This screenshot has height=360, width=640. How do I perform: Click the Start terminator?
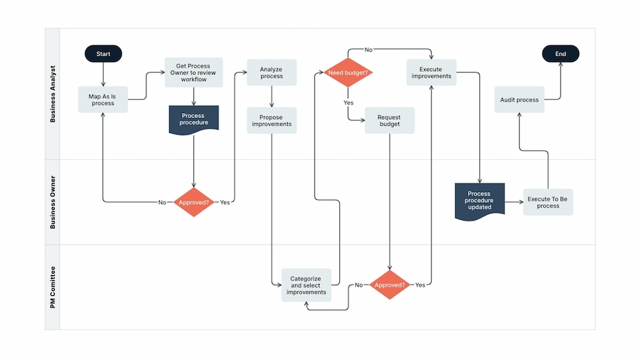pyautogui.click(x=103, y=53)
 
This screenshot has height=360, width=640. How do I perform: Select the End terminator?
pyautogui.click(x=560, y=53)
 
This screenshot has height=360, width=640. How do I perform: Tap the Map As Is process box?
pyautogui.click(x=103, y=100)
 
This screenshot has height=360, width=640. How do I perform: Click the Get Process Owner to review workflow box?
pyautogui.click(x=193, y=73)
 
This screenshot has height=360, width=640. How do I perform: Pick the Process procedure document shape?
pyautogui.click(x=193, y=119)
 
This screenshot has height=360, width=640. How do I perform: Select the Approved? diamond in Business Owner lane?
pyautogui.click(x=193, y=202)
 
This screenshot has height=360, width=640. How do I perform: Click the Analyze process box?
pyautogui.click(x=272, y=73)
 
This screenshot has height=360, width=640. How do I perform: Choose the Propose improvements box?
pyautogui.click(x=272, y=120)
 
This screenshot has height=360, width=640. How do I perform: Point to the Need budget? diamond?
pyautogui.click(x=348, y=73)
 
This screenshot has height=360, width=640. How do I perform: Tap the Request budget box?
pyautogui.click(x=389, y=120)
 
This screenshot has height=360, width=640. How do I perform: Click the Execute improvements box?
pyautogui.click(x=431, y=73)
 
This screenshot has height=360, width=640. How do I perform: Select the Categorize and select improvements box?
pyautogui.click(x=306, y=285)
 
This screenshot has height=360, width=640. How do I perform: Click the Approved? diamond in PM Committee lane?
pyautogui.click(x=389, y=285)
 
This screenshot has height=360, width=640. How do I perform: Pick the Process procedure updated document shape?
pyautogui.click(x=479, y=201)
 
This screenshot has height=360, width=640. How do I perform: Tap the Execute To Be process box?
pyautogui.click(x=548, y=202)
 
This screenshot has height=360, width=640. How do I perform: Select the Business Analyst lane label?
pyautogui.click(x=53, y=94)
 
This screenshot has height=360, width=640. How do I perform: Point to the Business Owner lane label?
pyautogui.click(x=53, y=202)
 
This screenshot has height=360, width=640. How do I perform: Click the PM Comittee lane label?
pyautogui.click(x=53, y=287)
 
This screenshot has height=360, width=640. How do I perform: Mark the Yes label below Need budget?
pyautogui.click(x=348, y=102)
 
